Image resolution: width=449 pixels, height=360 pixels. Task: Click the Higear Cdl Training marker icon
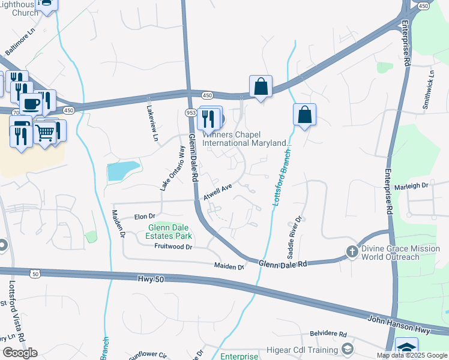tap(348, 349)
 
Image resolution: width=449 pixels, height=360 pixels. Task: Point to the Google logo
tap(20, 352)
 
